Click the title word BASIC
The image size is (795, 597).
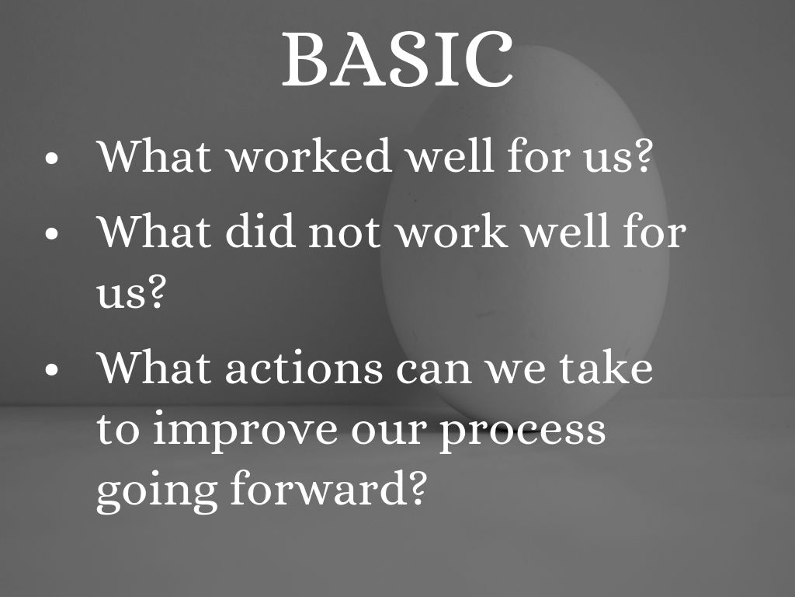397,59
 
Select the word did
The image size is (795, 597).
260,232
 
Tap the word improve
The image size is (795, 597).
245,431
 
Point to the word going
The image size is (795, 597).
157,491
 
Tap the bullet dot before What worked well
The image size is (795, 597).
52,158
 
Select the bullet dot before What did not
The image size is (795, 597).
52,234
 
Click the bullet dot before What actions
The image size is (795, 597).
52,369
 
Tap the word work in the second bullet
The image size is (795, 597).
451,232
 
